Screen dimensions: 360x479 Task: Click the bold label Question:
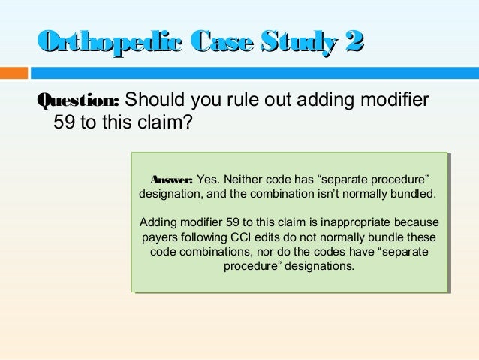point(78,101)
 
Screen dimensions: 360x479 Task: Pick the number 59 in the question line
point(64,122)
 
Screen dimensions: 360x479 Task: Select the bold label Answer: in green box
point(172,180)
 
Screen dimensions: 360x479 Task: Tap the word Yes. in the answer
point(208,180)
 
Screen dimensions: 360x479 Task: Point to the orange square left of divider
point(14,73)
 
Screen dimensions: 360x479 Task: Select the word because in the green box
point(416,223)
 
